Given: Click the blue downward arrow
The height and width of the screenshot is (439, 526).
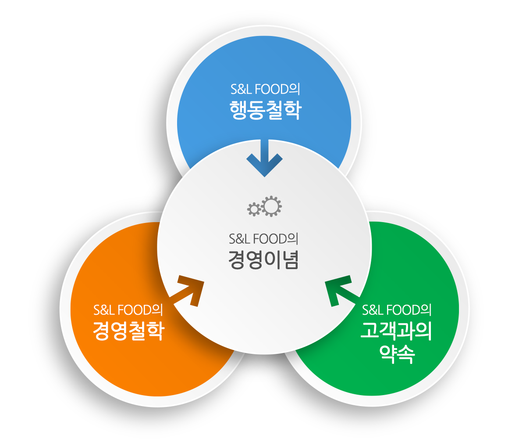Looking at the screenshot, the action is click(x=264, y=158).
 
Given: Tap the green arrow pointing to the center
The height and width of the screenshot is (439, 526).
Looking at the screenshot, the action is click(x=341, y=290).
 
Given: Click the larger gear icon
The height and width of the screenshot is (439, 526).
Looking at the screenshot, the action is click(x=271, y=206).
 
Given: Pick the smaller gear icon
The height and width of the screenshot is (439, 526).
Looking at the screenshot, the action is click(x=254, y=209).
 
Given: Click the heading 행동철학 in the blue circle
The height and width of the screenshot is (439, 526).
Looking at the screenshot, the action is click(x=266, y=110).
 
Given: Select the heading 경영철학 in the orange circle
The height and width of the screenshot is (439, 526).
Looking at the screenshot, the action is click(x=129, y=331).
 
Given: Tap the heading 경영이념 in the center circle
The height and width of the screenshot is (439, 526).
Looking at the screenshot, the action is click(x=263, y=259).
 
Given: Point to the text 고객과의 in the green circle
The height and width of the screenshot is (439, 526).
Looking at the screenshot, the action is click(x=396, y=331).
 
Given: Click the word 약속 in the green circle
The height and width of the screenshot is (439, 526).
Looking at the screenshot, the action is click(x=397, y=354).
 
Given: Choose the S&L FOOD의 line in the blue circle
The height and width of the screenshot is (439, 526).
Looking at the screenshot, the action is click(x=265, y=89).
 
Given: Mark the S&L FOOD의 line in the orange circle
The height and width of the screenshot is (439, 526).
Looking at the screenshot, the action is click(x=128, y=310).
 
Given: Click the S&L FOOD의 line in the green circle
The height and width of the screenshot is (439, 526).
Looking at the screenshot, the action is click(x=397, y=310).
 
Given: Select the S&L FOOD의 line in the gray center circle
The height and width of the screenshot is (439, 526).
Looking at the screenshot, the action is click(x=263, y=239).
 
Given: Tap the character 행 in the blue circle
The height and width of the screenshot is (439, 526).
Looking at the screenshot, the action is click(x=238, y=110).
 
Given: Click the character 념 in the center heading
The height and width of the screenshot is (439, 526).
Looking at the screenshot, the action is click(x=290, y=259).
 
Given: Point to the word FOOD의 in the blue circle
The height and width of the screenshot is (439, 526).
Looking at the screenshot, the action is click(x=277, y=89).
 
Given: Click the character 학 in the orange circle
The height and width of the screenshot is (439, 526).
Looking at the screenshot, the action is click(x=156, y=331).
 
